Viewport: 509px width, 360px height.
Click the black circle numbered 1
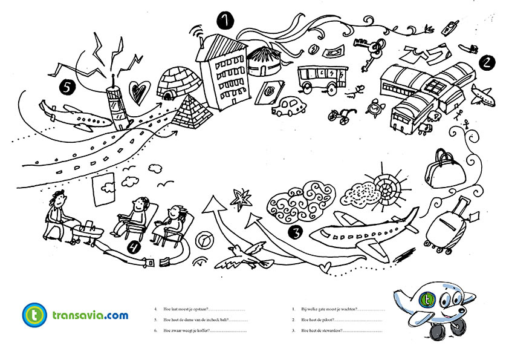(225, 21)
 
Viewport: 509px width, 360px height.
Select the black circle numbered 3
(295, 231)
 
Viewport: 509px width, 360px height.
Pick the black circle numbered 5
(67, 87)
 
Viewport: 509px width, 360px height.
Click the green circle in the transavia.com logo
(35, 314)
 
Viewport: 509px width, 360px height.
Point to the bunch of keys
(375, 49)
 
